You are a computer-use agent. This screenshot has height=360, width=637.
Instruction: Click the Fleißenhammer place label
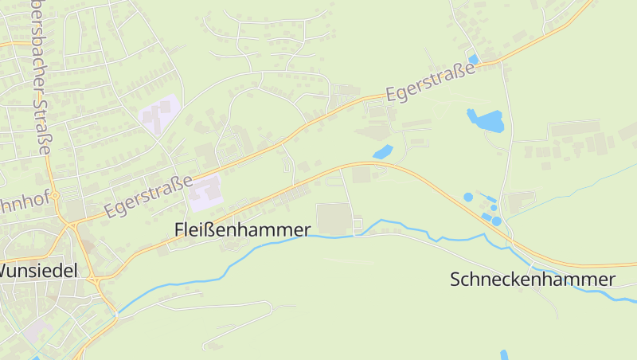point(242,229)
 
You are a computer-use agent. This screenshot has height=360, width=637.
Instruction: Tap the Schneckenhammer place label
point(532,280)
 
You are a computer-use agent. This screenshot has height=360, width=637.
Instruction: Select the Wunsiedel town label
point(38,271)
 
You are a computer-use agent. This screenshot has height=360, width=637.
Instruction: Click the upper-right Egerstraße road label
point(430,81)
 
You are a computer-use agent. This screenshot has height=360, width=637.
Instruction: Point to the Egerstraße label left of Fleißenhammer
point(148,198)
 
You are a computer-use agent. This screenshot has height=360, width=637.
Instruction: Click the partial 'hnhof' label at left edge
point(19,205)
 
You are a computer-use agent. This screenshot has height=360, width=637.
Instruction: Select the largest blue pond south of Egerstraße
point(485,120)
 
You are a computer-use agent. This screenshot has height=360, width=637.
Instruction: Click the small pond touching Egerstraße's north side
point(474,59)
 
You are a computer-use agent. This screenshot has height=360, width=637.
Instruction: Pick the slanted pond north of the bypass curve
point(383,151)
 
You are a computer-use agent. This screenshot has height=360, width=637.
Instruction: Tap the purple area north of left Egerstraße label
point(159,112)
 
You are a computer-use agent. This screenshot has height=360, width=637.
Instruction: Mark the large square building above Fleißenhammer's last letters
point(334,217)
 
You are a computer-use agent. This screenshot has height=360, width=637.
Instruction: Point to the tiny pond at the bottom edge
point(503,354)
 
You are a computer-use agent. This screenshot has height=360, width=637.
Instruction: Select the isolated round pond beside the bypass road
point(468,197)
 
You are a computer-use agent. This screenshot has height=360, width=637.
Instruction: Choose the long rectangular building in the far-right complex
point(573,128)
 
